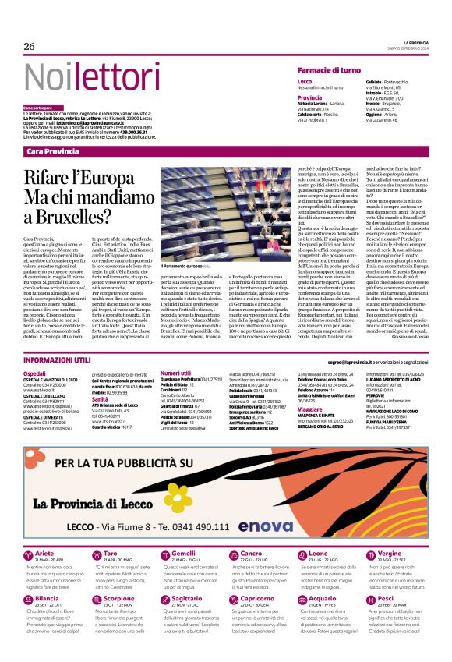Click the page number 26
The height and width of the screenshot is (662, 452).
[x=30, y=47]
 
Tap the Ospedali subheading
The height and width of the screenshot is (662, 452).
[x=35, y=373]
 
